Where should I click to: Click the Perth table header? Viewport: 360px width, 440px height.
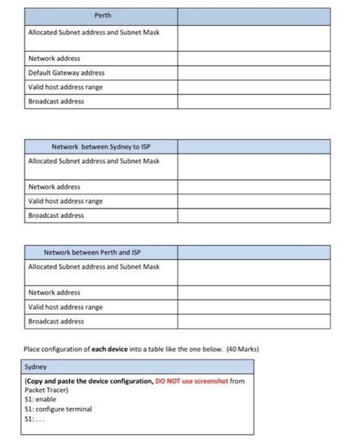click(101, 16)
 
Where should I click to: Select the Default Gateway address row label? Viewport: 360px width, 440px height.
click(67, 73)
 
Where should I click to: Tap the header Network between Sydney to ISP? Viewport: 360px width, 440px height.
click(101, 146)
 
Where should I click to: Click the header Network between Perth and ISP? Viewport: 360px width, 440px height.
click(93, 252)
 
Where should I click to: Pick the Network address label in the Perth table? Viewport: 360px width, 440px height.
click(54, 59)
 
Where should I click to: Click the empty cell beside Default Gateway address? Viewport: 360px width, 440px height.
click(254, 73)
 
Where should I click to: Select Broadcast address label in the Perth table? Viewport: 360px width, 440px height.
click(56, 101)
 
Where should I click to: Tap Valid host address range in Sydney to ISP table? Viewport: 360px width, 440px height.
click(65, 201)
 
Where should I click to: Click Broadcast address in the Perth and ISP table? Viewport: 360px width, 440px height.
click(56, 321)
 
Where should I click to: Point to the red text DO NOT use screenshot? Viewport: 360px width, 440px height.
click(191, 380)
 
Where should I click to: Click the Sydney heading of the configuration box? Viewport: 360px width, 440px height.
click(36, 366)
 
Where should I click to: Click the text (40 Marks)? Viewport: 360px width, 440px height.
click(243, 350)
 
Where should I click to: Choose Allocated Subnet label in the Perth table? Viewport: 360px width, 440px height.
click(93, 33)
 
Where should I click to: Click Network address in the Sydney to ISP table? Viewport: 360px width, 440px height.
click(54, 187)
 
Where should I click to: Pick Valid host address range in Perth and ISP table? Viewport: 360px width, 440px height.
click(65, 307)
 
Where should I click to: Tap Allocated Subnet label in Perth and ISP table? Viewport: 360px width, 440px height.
click(93, 267)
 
